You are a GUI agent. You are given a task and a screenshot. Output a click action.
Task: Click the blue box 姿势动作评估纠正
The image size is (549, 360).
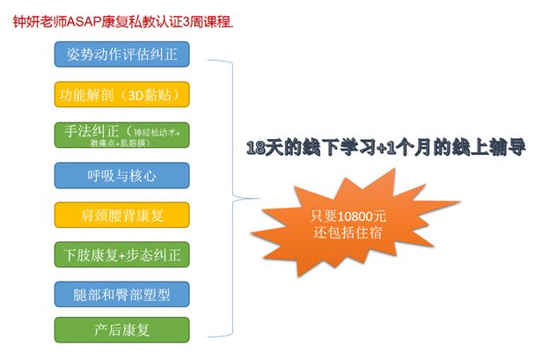pyautogui.click(x=121, y=55)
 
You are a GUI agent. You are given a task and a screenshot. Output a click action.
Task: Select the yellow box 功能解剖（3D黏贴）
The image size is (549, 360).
pyautogui.click(x=121, y=94)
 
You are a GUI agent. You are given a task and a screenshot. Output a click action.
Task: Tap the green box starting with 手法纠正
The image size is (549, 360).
pyautogui.click(x=121, y=136)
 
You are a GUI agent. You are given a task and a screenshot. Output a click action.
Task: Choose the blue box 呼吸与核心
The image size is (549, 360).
pyautogui.click(x=121, y=175)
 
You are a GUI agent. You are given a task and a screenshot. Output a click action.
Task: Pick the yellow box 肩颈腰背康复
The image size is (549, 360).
pyautogui.click(x=121, y=215)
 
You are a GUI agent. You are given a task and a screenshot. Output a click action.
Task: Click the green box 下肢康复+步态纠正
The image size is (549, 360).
pyautogui.click(x=121, y=254)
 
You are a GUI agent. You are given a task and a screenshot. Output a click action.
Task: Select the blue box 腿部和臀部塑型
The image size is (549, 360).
pyautogui.click(x=121, y=295)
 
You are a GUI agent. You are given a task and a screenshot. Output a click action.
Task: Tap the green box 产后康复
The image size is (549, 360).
pyautogui.click(x=121, y=330)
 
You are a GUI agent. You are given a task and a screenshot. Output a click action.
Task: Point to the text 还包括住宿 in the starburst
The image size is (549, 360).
pyautogui.click(x=348, y=232)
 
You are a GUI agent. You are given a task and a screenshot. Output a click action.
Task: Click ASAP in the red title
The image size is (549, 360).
pyautogui.click(x=84, y=22)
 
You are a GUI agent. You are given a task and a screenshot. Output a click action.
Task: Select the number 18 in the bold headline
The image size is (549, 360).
pyautogui.click(x=256, y=147)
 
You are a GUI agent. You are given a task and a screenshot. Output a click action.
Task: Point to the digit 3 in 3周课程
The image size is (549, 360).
pyautogui.click(x=187, y=22)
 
